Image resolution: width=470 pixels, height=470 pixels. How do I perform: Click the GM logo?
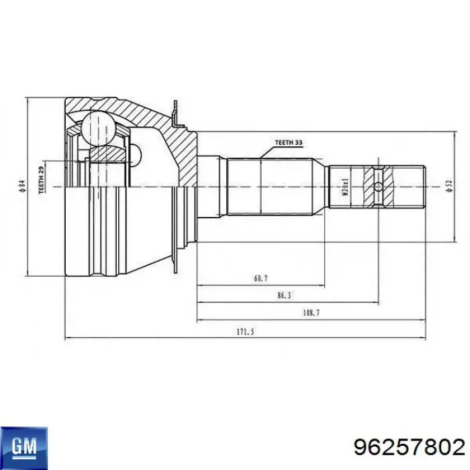pyautogui.click(x=23, y=444)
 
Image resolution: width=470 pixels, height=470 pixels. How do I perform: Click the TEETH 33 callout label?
pyautogui.click(x=289, y=143)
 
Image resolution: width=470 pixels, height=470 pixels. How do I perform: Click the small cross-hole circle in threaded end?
pyautogui.click(x=379, y=186)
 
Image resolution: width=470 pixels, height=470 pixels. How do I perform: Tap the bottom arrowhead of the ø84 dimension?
pyautogui.click(x=27, y=271)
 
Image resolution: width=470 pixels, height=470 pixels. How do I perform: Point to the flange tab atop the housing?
pyautogui.click(x=175, y=114)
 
